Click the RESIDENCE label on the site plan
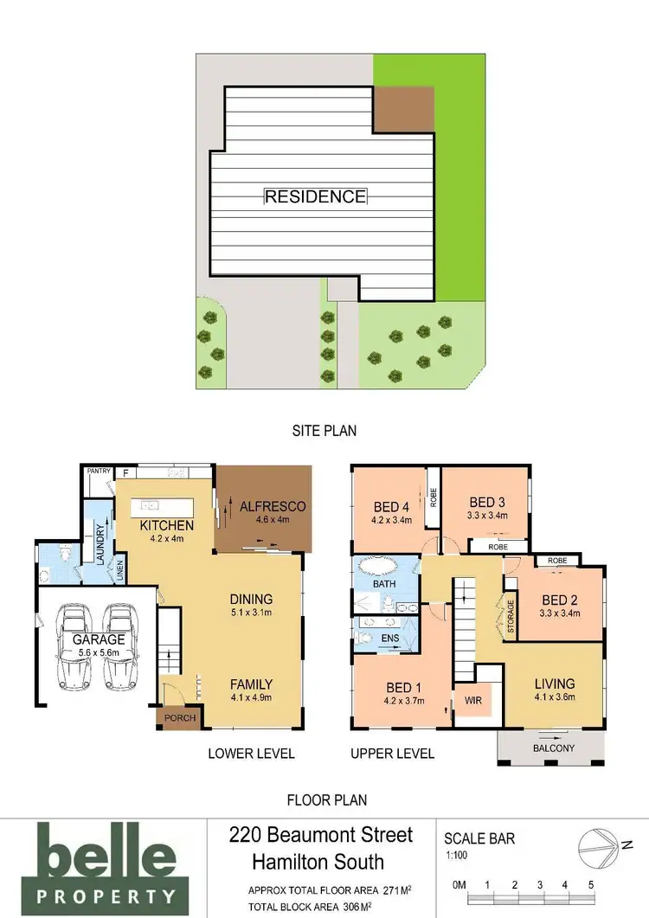point(315,196)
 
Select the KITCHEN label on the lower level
point(167,525)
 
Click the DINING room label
point(251,599)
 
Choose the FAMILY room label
point(251,684)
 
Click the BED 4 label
point(393,507)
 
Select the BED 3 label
point(487,502)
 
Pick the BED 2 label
point(560,600)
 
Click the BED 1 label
point(405,689)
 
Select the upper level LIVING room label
point(554,684)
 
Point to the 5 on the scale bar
point(591,885)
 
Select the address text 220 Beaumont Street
point(321,836)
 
